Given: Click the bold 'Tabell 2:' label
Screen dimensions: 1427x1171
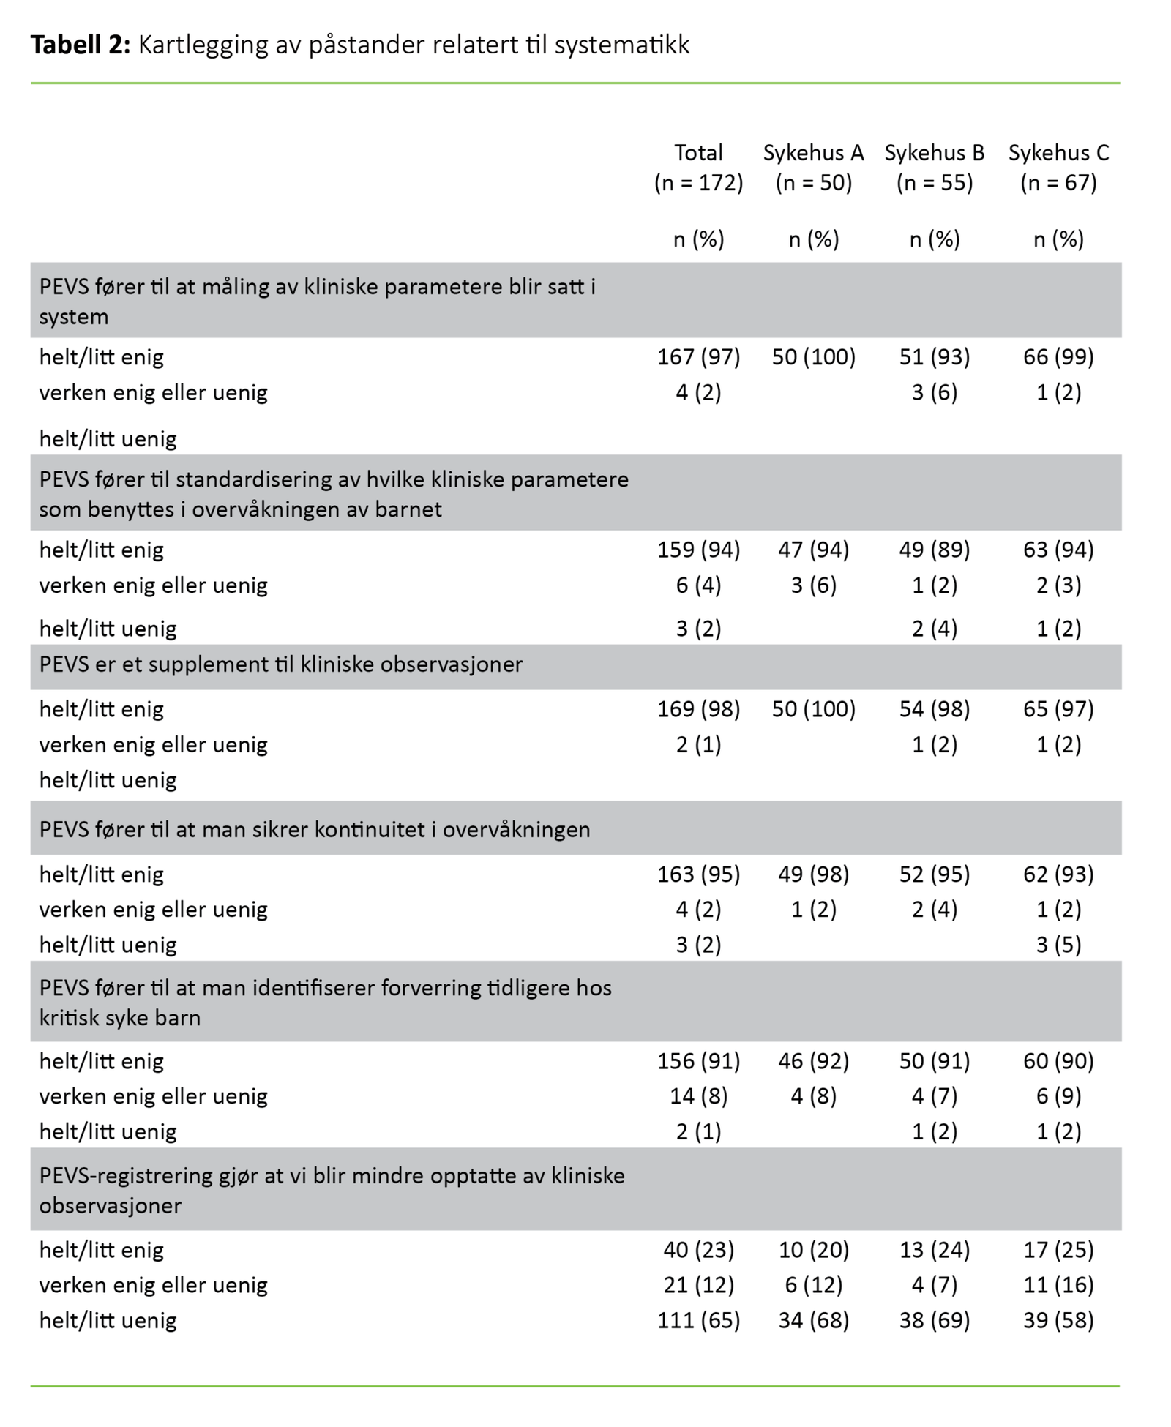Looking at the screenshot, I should pos(80,45).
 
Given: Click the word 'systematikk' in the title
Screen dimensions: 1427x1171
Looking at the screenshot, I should pos(621,45).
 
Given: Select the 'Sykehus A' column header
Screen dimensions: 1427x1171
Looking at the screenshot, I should pos(813,153).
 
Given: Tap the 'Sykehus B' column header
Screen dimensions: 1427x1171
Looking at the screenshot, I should pos(934,153).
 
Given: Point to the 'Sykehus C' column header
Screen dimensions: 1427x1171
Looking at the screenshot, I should pos(1058,153).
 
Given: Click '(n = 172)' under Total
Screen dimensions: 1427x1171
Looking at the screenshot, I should pos(698,182).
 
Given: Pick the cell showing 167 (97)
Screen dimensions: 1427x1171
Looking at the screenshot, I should pos(698,357).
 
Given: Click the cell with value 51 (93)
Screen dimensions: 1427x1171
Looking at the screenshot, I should pos(934,357).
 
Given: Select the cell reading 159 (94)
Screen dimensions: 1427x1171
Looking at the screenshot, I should pos(698,550).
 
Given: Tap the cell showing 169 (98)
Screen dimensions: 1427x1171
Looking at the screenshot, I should pos(698,709).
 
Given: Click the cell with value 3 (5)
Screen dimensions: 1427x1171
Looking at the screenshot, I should pos(1058,945).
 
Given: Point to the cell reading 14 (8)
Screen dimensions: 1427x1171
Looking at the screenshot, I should pos(698,1096).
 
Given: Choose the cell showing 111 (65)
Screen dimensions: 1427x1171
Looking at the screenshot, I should pos(698,1320).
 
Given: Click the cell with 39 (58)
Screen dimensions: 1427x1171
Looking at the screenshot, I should pos(1058,1320).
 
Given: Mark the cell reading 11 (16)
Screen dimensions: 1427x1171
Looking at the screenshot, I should pos(1058,1285).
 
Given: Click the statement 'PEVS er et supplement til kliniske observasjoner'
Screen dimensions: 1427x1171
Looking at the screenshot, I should pos(281,664).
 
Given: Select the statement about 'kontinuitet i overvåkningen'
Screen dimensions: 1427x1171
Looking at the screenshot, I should pos(315,830).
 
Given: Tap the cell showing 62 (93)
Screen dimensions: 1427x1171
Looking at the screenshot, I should pos(1058,874).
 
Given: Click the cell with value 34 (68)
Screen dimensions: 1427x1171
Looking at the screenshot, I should pos(813,1320).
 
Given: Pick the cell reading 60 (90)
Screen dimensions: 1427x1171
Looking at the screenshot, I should pos(1058,1061).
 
